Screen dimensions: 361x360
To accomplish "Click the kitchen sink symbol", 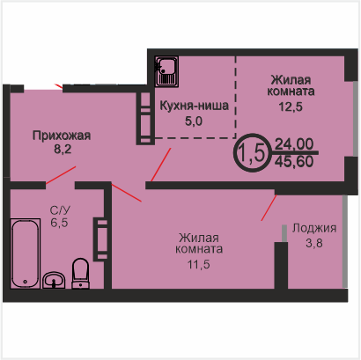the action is (x=166, y=71).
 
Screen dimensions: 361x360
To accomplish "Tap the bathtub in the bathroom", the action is (x=25, y=253).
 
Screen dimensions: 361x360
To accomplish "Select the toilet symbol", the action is (x=80, y=274).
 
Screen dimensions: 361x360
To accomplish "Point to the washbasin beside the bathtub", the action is (x=54, y=280).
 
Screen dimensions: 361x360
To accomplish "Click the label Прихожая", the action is (x=62, y=136).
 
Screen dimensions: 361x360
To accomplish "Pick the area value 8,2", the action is (x=63, y=150).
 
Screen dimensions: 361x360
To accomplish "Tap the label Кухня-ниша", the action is (x=194, y=106).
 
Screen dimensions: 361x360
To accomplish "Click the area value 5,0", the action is (x=194, y=121).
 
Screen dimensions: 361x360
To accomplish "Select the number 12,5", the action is (x=291, y=107).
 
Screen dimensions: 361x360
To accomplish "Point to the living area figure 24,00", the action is (x=294, y=144).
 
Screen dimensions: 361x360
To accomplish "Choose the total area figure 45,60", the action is (x=294, y=161).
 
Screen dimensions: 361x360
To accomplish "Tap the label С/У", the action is (x=60, y=210).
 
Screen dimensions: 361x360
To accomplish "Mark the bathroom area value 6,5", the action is (x=59, y=223).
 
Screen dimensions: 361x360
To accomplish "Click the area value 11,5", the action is (x=199, y=265).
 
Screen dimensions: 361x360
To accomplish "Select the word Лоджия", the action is (x=314, y=229).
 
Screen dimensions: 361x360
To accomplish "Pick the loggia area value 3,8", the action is (x=314, y=243).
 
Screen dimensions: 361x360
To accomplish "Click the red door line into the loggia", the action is (x=269, y=208).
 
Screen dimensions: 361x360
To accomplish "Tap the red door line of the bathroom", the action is (x=61, y=175).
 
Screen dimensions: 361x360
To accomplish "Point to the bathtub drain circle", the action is (x=25, y=282).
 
